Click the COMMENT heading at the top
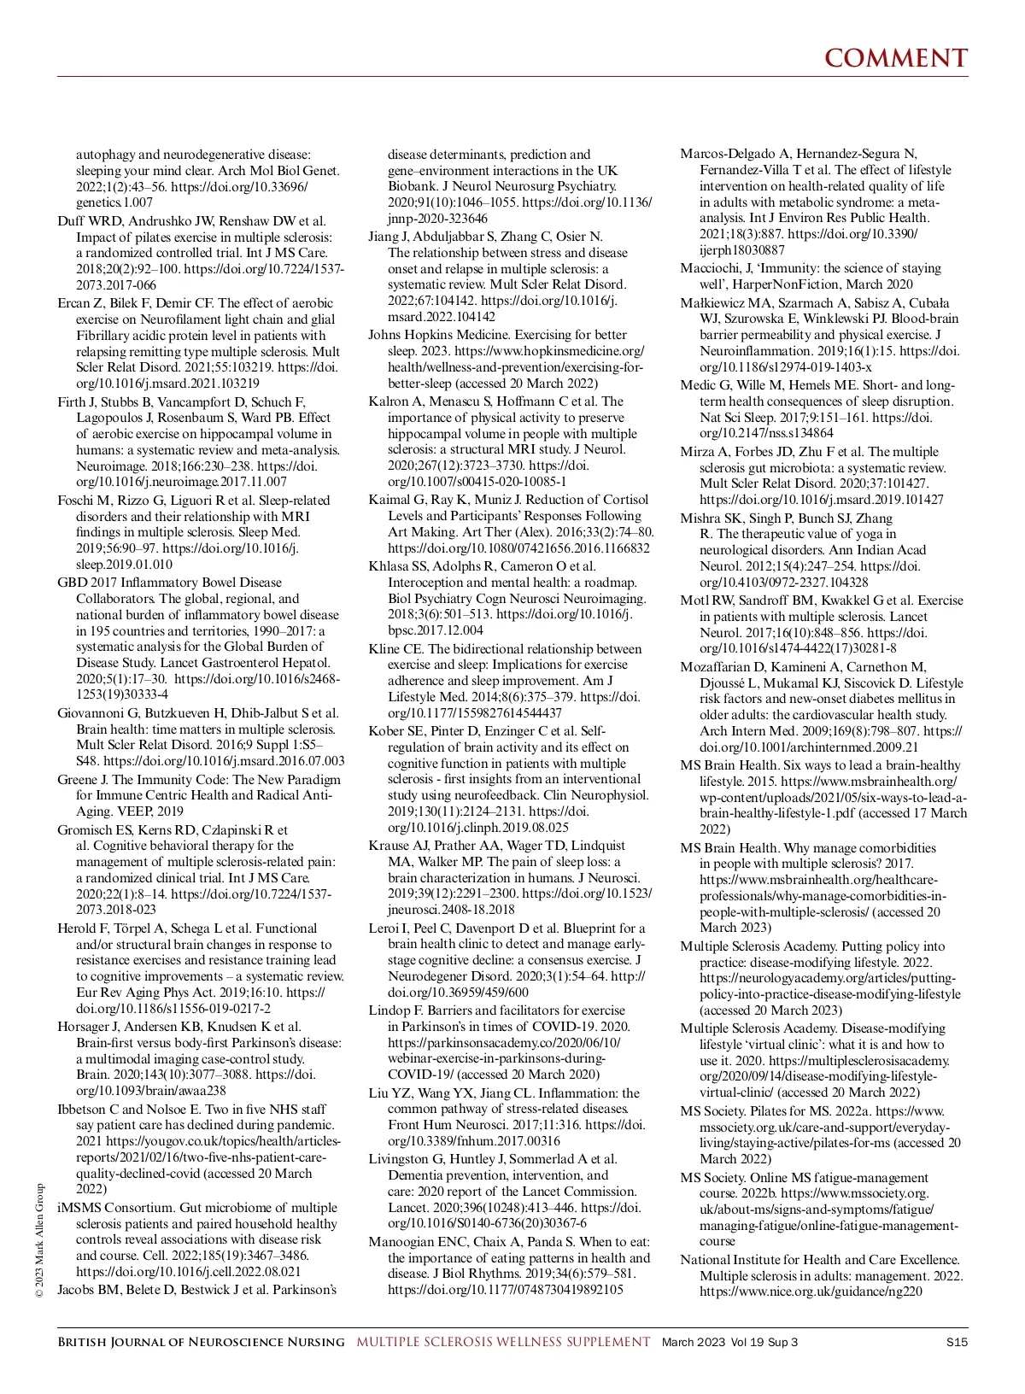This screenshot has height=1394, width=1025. (896, 58)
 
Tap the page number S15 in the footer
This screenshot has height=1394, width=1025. (957, 1342)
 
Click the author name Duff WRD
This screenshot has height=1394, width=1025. (89, 221)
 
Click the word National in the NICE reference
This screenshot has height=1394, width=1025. (705, 1260)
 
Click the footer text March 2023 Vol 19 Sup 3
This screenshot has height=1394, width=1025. (729, 1342)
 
